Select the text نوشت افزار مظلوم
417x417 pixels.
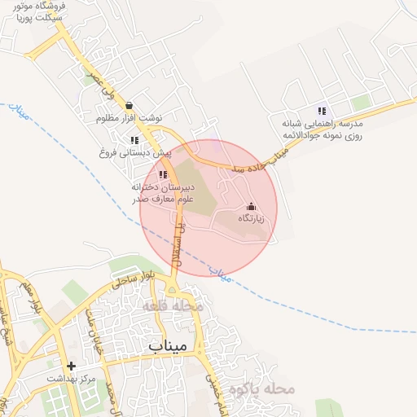129,118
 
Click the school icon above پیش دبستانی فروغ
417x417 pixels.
134,140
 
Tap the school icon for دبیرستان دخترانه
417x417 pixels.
163,174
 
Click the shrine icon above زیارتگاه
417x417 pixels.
250,207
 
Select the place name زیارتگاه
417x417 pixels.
251,219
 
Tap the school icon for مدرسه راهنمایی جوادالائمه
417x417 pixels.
322,111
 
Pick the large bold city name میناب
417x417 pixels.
169,345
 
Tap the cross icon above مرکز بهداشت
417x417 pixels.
72,367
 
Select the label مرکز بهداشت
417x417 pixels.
72,380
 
